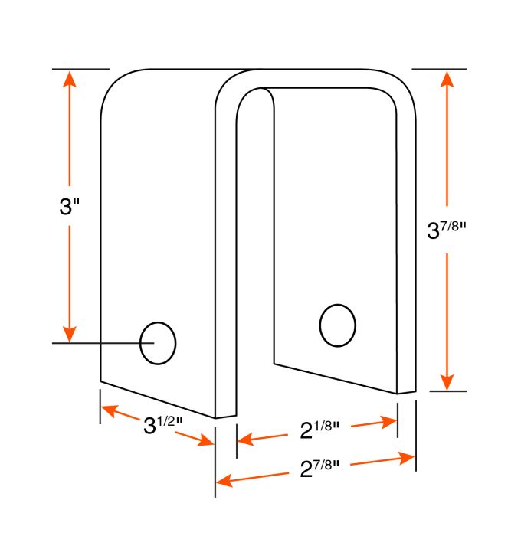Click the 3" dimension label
70,207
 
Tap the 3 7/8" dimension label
447,230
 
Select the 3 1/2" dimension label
163,425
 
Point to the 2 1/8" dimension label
319,430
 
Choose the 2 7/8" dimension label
319,469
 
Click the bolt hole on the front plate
158,343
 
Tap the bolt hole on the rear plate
338,325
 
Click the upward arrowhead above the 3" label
70,80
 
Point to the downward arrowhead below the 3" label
70,334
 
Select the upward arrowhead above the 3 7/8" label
447,80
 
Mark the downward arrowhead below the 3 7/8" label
447,382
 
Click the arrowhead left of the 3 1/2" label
110,410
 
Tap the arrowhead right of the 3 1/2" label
205,440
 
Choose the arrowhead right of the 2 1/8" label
389,422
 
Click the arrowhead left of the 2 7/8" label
224,480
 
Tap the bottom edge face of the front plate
226,417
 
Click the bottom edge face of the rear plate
406,392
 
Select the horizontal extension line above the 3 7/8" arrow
439,70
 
